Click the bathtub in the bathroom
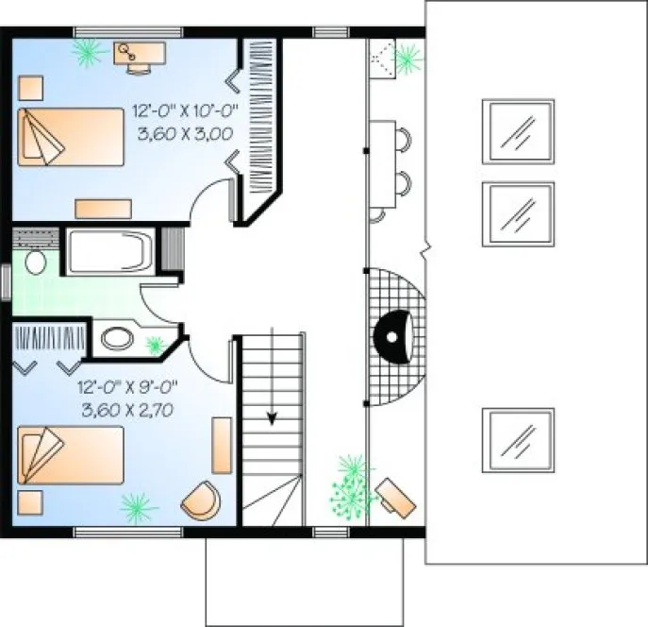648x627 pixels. [x=108, y=251]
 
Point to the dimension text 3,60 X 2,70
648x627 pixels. [x=129, y=409]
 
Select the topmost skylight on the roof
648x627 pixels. [x=518, y=130]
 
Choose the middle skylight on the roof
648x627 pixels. [x=518, y=213]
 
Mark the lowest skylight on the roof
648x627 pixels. [x=518, y=439]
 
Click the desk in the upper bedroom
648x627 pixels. [x=140, y=49]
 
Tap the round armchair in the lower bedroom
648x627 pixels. [x=200, y=499]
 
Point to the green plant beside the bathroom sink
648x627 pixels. [x=155, y=344]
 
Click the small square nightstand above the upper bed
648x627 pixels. [x=29, y=86]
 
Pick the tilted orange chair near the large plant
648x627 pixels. [x=396, y=497]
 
